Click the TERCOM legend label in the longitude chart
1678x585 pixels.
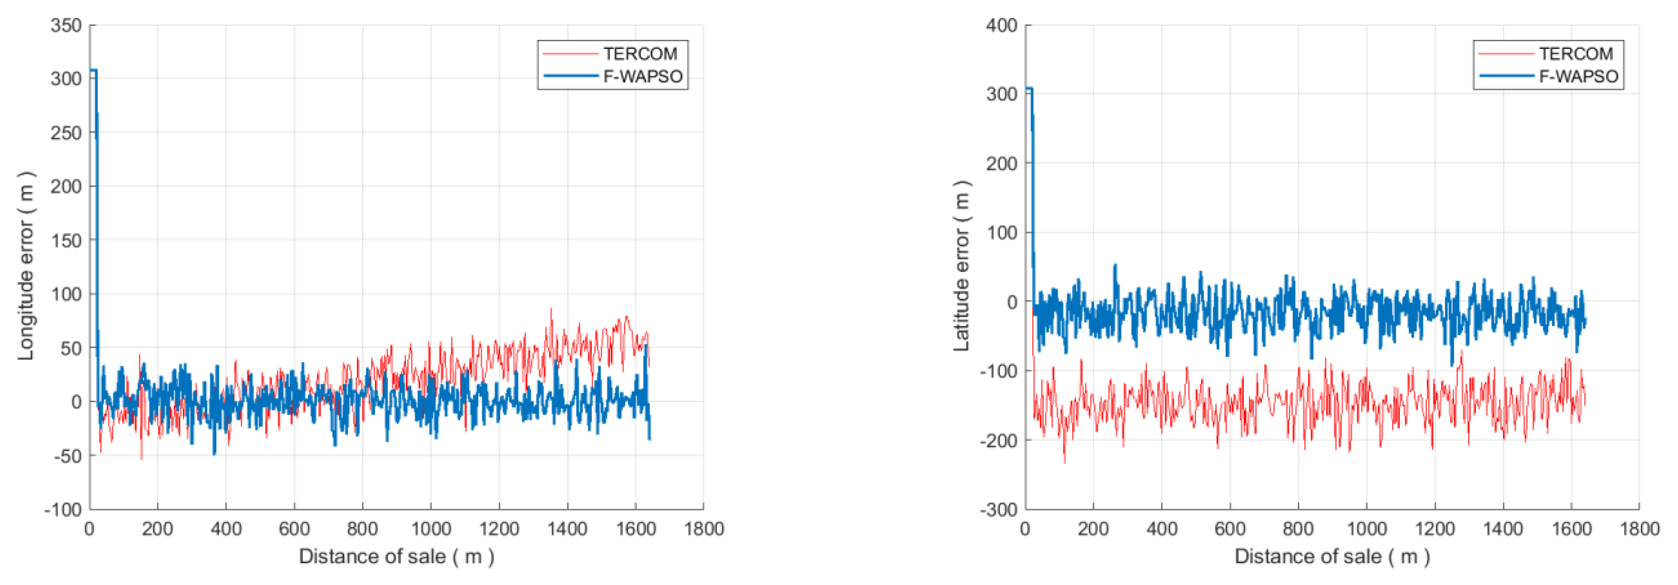640,53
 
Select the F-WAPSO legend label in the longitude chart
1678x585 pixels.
642,76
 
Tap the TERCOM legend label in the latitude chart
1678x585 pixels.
1576,53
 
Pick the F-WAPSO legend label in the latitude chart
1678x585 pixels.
1578,76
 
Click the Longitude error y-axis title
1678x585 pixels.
26,266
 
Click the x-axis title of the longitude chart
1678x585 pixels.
396,556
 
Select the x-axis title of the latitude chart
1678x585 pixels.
1332,556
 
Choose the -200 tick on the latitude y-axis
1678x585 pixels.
999,440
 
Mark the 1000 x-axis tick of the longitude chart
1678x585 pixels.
430,528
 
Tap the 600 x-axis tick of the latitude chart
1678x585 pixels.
1230,528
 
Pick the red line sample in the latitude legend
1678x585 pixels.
1506,53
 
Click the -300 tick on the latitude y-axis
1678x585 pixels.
999,509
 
